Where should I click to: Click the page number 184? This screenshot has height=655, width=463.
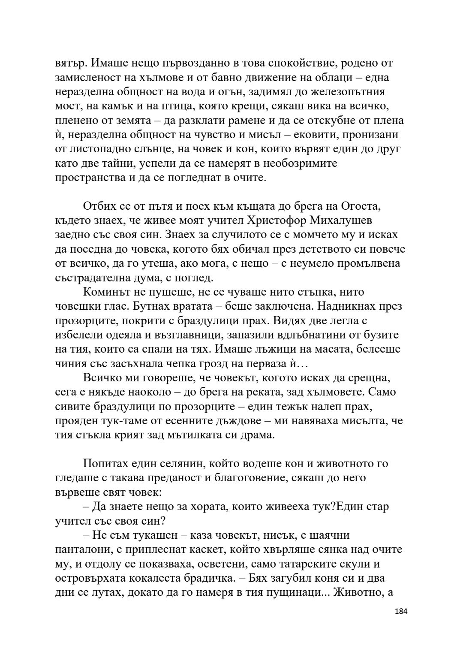[x=401, y=622]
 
